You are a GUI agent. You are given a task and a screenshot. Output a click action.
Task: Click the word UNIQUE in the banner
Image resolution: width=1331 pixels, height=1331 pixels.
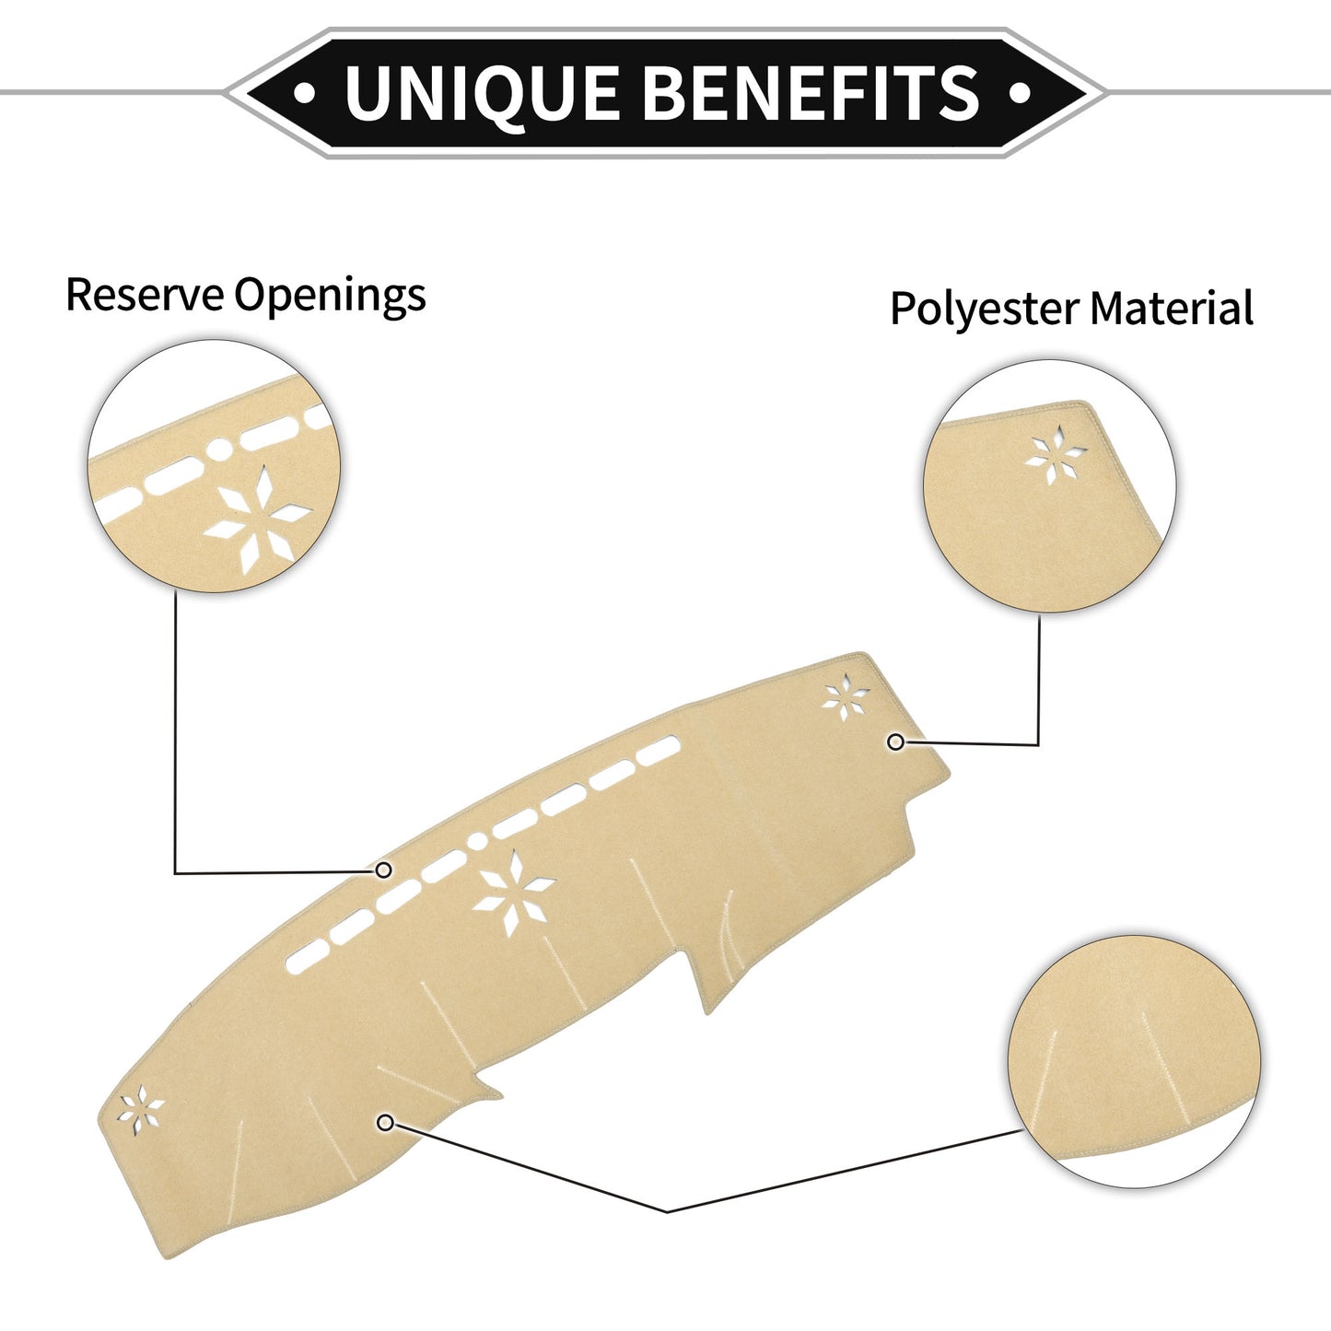coord(482,93)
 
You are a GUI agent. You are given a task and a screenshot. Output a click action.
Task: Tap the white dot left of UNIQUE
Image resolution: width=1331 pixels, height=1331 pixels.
coord(305,92)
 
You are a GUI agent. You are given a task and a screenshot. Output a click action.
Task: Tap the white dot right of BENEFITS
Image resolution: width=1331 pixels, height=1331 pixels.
coord(1020,92)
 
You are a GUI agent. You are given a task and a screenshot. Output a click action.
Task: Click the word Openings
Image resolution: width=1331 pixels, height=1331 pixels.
coord(330,297)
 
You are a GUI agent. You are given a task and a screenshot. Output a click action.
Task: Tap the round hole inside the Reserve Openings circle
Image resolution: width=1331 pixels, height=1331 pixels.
coord(220,450)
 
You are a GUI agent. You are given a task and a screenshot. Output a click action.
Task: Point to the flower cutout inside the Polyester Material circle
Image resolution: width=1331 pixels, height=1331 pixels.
coord(1055,454)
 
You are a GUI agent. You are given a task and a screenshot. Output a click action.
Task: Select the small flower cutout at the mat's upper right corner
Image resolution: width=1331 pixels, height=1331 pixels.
coord(846,697)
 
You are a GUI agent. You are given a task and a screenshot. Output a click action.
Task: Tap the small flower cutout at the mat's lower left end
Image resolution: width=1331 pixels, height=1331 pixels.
coord(140,1110)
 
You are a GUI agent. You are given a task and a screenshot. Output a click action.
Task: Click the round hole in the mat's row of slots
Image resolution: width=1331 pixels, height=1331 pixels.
coord(477,841)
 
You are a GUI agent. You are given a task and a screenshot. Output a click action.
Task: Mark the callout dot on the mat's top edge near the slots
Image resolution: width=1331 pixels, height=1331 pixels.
coord(383,870)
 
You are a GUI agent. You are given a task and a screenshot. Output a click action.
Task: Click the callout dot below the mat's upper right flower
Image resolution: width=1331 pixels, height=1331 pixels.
coord(896,741)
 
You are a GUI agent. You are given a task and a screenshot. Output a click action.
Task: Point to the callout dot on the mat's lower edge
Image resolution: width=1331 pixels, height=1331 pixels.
coord(386,1123)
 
